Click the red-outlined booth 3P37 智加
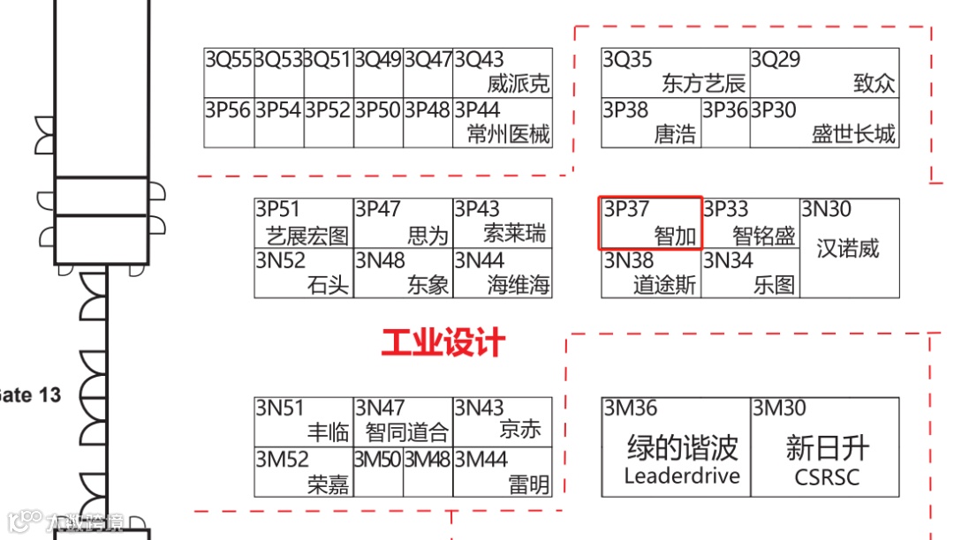coord(651,223)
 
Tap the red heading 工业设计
coord(443,343)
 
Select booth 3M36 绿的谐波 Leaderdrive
coord(676,446)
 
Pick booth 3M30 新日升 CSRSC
coord(825,446)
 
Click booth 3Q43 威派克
coord(503,72)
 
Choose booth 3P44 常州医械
coord(503,123)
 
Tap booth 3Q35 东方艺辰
coord(676,72)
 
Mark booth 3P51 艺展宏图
coord(304,223)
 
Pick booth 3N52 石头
coord(304,274)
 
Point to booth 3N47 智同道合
coord(404,422)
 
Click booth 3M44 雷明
coord(503,472)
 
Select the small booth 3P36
coord(725,123)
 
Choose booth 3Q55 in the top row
coord(229,72)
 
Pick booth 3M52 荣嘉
coord(304,472)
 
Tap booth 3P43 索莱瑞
coord(503,223)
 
